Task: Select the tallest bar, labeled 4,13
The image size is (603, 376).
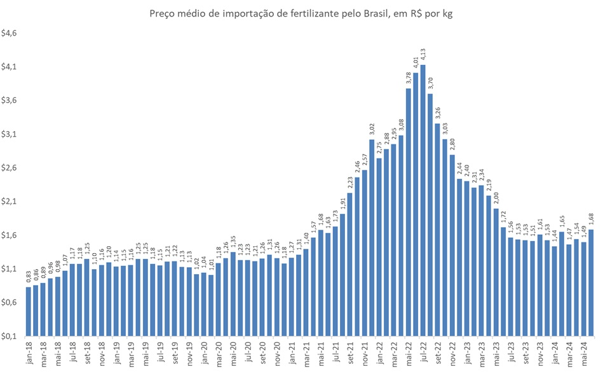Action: coord(423,200)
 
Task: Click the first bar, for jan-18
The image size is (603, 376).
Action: coord(28,312)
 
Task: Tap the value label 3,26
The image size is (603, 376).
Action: coord(437,113)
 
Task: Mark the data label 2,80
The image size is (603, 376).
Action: coord(452,144)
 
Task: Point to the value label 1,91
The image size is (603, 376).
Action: coord(342,204)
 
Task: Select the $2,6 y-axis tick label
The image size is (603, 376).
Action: coord(11,167)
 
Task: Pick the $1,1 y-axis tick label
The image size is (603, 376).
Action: coord(11,268)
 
